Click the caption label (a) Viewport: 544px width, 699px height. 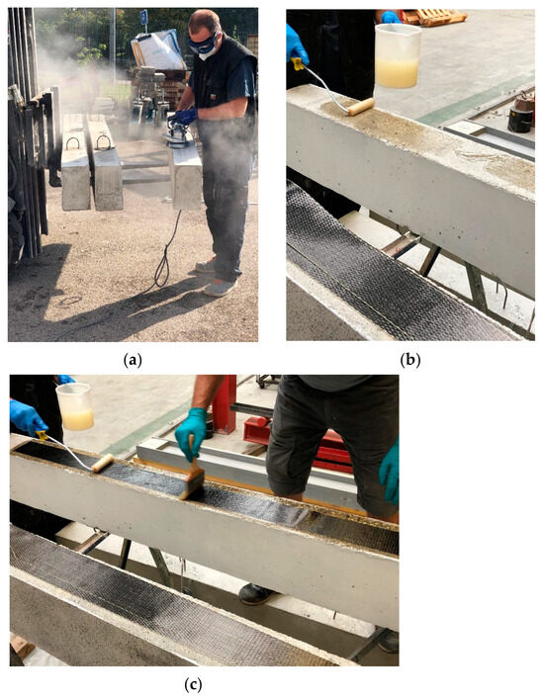point(133,361)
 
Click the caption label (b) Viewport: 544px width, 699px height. point(409,361)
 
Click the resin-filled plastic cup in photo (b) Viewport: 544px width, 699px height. point(398,55)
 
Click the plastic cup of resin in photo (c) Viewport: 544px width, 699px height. point(74,405)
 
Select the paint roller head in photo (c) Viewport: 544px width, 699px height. point(102,463)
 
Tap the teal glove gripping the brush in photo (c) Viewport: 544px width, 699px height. point(191,431)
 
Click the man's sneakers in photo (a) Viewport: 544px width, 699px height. point(221,286)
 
